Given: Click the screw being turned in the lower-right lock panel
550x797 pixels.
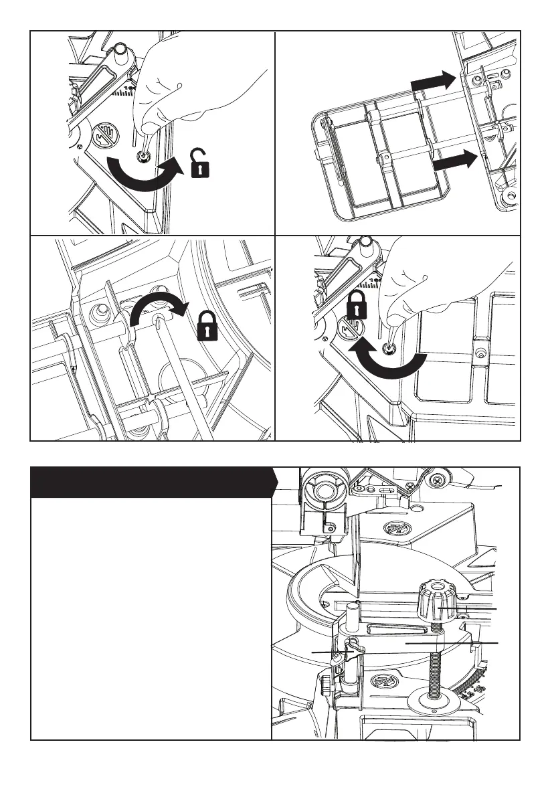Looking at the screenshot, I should [x=387, y=349].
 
